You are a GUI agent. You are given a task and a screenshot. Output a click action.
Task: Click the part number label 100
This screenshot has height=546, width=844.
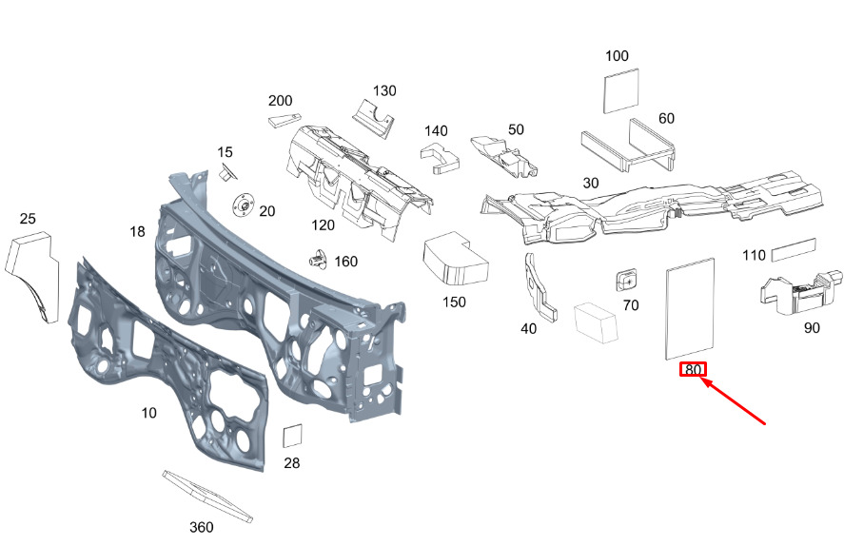pos(617,56)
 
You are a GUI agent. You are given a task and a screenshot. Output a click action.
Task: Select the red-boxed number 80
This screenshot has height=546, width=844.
pos(693,370)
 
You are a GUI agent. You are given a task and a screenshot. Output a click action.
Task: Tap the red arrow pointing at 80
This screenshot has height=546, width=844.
pos(733,400)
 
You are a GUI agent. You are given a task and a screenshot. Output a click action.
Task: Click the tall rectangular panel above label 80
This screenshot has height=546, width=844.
pos(690,308)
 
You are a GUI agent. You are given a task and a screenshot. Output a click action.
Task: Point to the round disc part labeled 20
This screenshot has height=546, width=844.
pos(243,205)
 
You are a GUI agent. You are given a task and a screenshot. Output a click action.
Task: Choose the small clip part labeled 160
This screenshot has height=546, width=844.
pos(319,260)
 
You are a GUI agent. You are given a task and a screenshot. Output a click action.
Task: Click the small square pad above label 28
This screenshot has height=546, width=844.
pos(292,437)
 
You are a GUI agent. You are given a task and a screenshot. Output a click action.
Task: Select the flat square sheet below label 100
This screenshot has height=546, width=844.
pos(621,91)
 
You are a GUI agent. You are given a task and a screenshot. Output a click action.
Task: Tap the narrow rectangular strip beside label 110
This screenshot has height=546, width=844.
pos(794,250)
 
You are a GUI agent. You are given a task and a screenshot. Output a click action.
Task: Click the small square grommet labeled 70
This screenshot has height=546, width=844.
pos(626,279)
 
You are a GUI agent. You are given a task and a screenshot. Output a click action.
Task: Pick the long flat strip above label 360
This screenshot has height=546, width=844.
pos(207,496)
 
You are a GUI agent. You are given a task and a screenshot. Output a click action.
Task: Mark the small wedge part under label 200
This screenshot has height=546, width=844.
pos(285,120)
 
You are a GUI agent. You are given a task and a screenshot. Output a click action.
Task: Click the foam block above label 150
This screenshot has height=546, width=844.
pos(456,258)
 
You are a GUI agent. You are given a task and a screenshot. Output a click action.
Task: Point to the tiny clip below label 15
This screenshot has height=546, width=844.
pos(227,173)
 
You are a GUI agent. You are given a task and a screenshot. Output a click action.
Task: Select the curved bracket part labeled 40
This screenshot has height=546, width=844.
pos(540,288)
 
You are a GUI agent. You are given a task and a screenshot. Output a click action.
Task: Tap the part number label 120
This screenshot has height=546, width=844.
pos(323,225)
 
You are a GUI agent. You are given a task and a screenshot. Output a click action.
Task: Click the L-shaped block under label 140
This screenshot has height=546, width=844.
pos(440,158)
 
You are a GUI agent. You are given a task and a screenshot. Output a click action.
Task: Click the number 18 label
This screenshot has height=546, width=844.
pos(137,231)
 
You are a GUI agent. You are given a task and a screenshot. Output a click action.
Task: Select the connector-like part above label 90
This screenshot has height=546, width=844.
pos(800,293)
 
